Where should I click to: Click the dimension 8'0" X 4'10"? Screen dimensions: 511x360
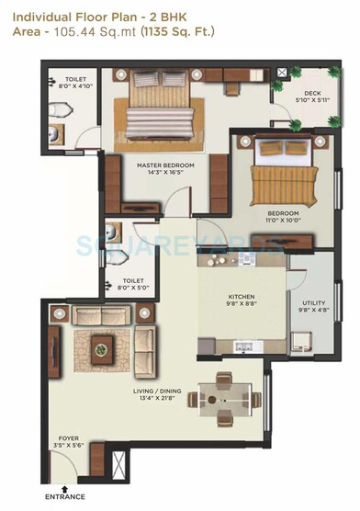(68, 87)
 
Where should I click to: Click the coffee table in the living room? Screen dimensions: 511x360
(101, 344)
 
